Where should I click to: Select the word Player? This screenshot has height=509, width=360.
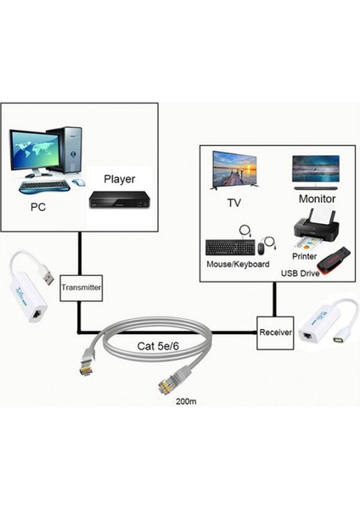120,179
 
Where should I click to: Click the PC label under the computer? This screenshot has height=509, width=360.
37,206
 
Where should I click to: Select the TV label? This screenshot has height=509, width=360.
234,204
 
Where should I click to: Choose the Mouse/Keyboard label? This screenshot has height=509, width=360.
238,265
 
